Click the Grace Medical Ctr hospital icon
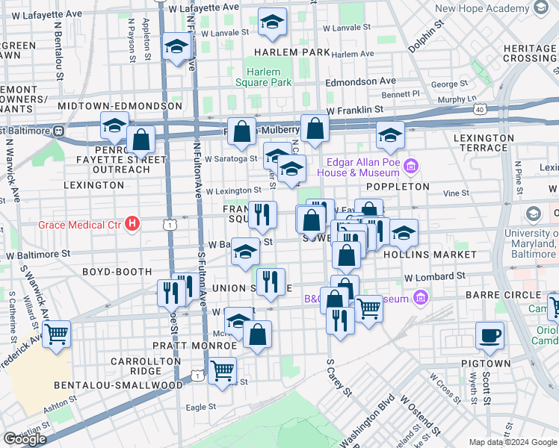[x=132, y=223]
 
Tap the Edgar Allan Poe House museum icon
[x=410, y=166]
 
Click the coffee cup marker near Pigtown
[x=491, y=336]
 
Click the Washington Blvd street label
[x=366, y=423]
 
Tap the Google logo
[x=25, y=439]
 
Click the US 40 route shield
[x=479, y=110]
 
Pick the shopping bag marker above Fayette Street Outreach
[x=140, y=138]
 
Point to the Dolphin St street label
[x=426, y=34]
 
